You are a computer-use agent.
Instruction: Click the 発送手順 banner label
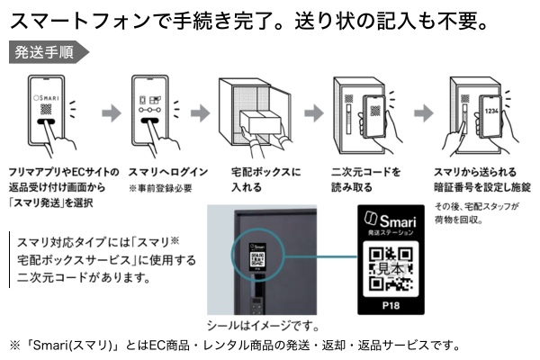45,52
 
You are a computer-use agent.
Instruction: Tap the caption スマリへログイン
167,170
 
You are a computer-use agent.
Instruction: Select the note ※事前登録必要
161,188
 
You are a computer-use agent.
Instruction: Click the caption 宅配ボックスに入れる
266,179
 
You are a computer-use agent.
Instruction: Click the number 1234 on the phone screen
490,112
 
